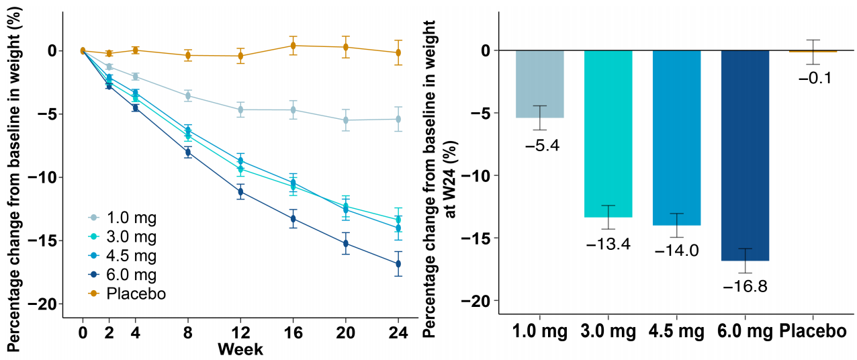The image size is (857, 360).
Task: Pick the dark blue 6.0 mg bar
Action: (x=745, y=154)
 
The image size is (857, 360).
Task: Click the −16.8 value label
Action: (x=745, y=286)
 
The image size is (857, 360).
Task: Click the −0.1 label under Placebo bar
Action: (x=815, y=78)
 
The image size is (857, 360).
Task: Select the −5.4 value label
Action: (x=539, y=144)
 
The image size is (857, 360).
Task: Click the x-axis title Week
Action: (x=240, y=350)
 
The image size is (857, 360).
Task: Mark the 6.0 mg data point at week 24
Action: (x=398, y=264)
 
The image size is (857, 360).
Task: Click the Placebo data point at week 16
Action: (x=293, y=46)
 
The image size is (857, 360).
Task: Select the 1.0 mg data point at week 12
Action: (x=240, y=109)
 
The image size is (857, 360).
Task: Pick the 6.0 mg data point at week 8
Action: (x=188, y=152)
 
